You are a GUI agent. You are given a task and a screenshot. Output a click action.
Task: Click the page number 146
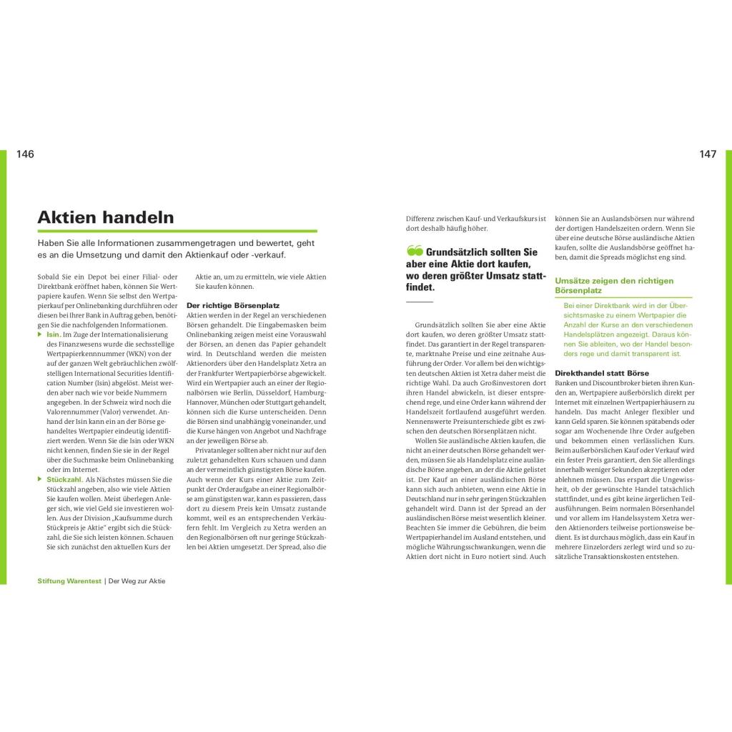click(25, 154)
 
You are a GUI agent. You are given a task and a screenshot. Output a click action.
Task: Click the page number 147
click(708, 154)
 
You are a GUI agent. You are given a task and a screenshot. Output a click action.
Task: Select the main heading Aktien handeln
click(105, 217)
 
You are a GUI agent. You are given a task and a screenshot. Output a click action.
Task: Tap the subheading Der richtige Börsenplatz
click(233, 305)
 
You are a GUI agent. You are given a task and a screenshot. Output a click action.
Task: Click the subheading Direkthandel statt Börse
click(602, 373)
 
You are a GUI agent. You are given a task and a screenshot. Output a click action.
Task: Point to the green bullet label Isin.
click(53, 335)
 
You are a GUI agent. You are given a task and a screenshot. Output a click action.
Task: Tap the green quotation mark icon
click(415, 252)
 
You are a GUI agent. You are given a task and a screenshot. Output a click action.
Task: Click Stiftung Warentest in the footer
click(69, 581)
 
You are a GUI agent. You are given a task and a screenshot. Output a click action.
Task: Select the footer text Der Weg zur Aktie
click(137, 581)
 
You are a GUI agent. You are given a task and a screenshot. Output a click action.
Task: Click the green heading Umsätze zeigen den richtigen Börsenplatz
click(614, 286)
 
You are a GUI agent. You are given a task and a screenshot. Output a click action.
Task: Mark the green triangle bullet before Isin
click(41, 335)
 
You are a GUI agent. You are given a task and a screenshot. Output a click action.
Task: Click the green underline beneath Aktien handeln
click(177, 231)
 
